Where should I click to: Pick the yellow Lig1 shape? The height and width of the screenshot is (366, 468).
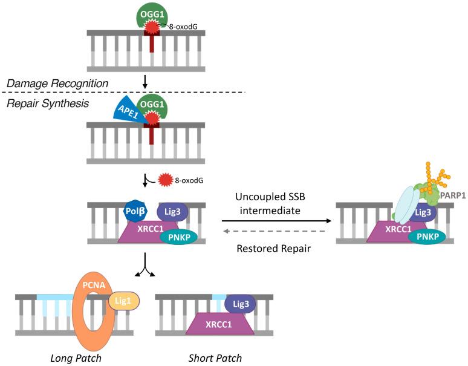(125, 301)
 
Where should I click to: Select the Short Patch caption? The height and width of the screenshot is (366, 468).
(216, 358)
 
